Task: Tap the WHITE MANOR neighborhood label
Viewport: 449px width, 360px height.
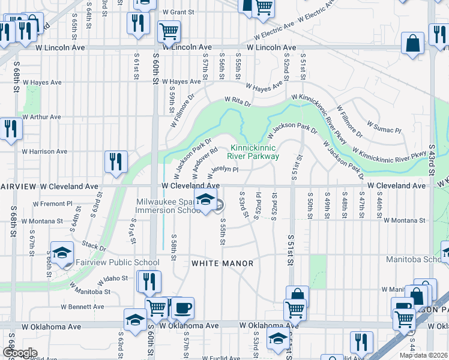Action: click(222, 263)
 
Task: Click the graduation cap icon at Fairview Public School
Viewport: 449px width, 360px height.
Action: click(62, 254)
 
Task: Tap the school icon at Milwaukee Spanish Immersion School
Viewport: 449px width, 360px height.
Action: click(205, 202)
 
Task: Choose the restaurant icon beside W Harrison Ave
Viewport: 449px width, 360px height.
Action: click(116, 161)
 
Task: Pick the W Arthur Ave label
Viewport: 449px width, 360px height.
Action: click(42, 117)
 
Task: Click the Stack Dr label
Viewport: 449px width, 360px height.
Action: click(94, 247)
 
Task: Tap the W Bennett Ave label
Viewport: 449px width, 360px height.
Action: click(88, 307)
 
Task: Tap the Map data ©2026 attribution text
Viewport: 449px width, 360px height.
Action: click(423, 355)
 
